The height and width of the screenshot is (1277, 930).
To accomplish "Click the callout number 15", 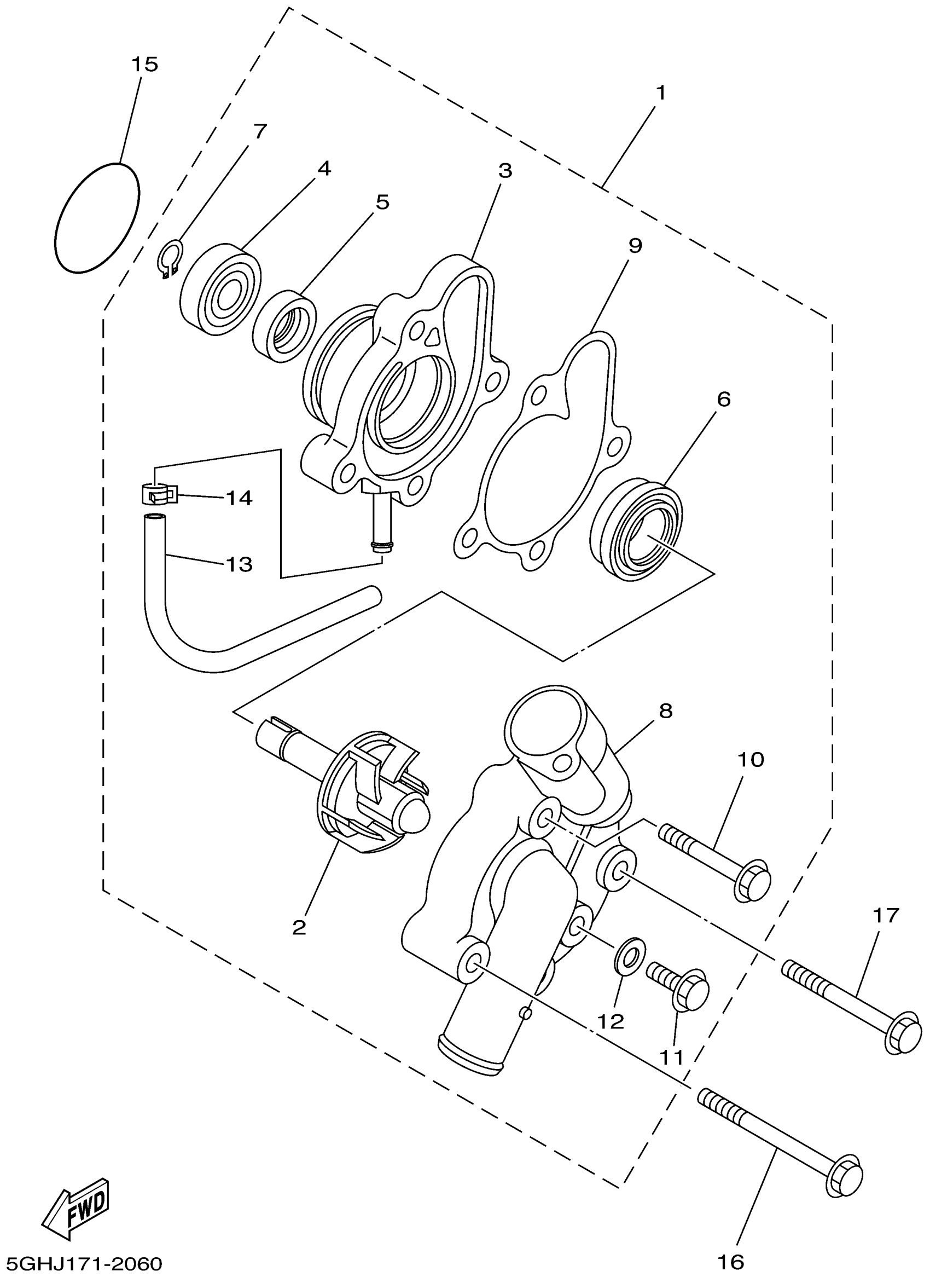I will tap(144, 64).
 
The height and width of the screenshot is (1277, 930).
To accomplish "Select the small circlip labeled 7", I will tap(169, 258).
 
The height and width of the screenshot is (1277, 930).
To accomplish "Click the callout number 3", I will tap(505, 170).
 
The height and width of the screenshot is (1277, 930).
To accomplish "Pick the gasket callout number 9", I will tap(635, 246).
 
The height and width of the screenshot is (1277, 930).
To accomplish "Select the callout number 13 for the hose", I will tap(239, 564).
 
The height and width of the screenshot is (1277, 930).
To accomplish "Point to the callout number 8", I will tap(665, 711).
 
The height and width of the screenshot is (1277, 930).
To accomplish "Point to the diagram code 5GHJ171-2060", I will tap(82, 1263).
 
